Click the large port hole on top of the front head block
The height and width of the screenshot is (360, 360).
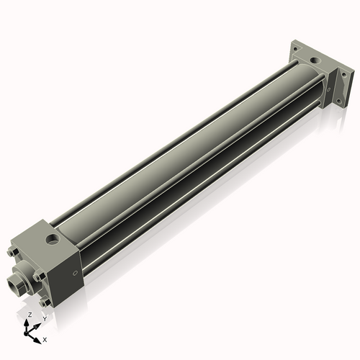tap(52, 237)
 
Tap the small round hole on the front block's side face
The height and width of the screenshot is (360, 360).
tap(75, 274)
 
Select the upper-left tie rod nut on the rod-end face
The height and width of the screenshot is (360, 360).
tap(13, 253)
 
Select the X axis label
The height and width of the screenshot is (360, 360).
tap(45, 338)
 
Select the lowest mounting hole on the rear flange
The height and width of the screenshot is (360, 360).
tap(333, 108)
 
